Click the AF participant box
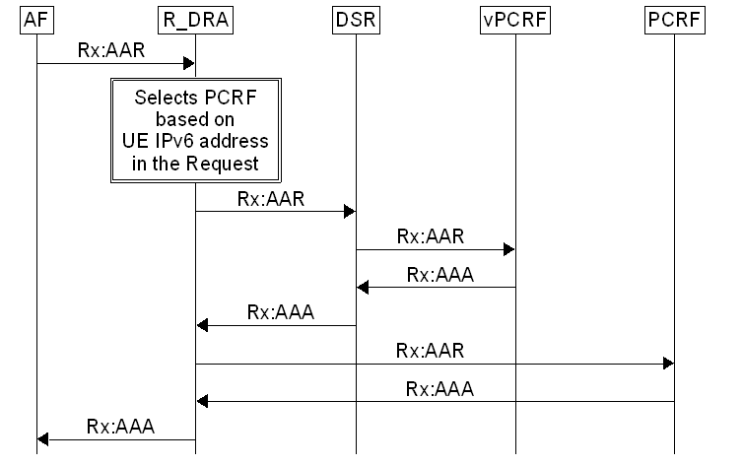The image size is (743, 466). [36, 21]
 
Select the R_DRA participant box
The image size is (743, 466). [195, 21]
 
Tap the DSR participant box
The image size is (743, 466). [356, 21]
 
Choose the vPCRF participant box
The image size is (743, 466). [514, 21]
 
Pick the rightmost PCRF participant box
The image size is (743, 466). [674, 21]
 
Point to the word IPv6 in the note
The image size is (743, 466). [162, 142]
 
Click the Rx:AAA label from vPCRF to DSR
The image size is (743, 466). [439, 275]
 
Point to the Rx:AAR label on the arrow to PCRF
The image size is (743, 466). [430, 350]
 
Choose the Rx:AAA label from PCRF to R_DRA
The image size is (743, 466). [439, 388]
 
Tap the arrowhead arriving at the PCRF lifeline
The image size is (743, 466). [668, 365]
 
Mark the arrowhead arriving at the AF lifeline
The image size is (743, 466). [43, 440]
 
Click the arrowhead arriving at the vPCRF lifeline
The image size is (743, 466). [508, 250]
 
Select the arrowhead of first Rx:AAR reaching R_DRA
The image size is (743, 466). [188, 64]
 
